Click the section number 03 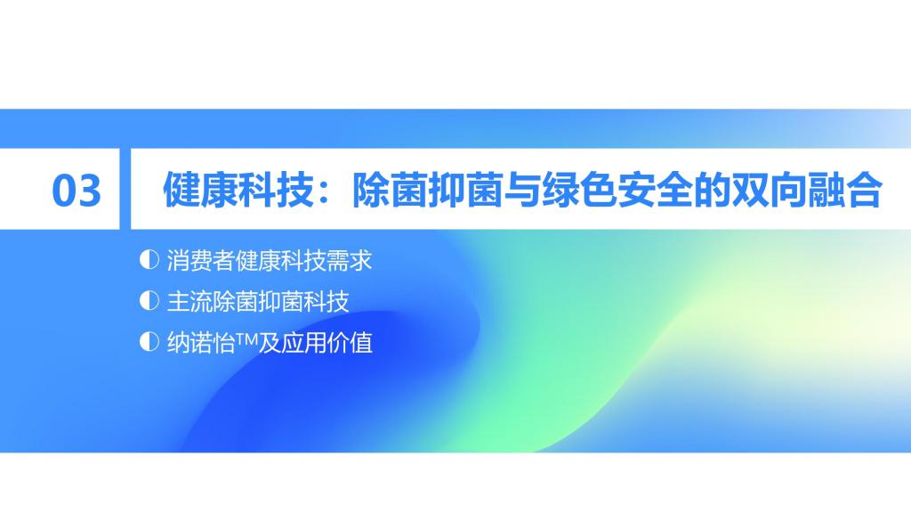tap(77, 191)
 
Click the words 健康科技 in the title tap(238, 190)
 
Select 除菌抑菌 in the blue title tap(427, 190)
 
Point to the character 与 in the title tap(521, 190)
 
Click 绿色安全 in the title tap(617, 190)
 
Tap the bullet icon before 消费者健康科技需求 tap(149, 259)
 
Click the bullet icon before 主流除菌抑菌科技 tap(149, 301)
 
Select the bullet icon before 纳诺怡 tap(149, 341)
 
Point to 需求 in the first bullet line tap(349, 260)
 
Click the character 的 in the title tap(712, 190)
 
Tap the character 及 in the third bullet tap(269, 343)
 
